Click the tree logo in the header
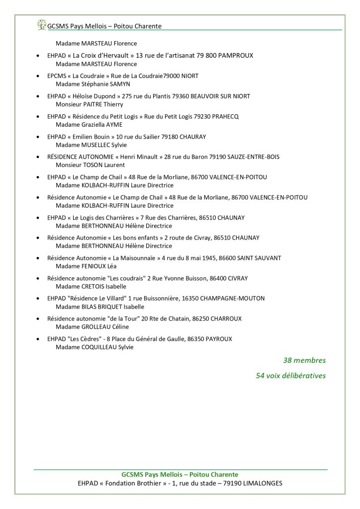point(40,24)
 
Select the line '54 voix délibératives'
point(290,375)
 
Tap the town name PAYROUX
point(218,339)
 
